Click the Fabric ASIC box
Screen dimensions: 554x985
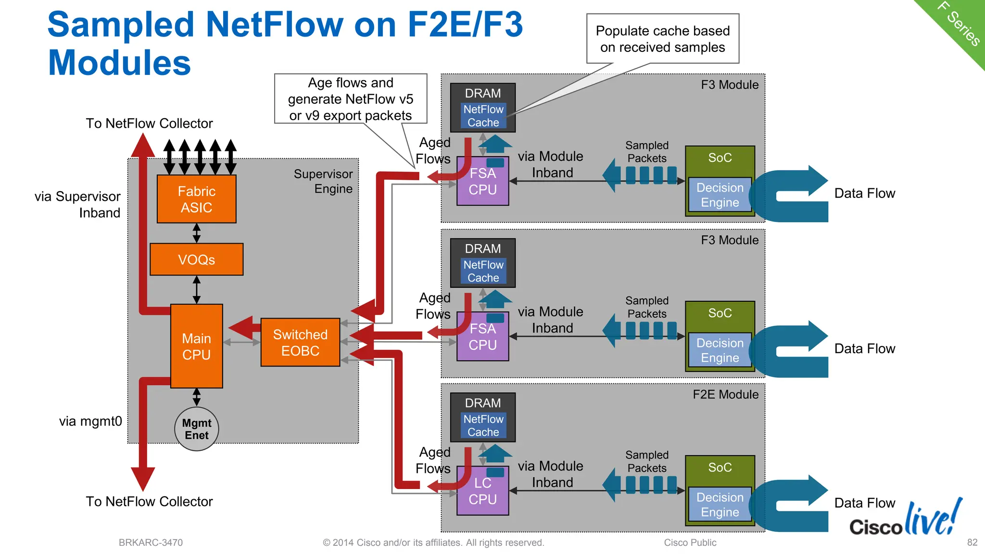tap(196, 199)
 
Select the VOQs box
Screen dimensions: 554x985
tap(196, 259)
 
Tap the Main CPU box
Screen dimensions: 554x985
tap(196, 346)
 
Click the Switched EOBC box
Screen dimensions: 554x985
tap(300, 342)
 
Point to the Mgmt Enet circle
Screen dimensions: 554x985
tap(196, 429)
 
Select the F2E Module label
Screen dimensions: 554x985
tap(725, 394)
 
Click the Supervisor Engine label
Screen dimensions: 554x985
tap(323, 181)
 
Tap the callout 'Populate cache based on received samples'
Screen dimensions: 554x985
tap(662, 39)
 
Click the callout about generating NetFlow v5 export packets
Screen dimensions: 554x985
tap(350, 99)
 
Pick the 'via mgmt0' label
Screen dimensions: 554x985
tap(90, 421)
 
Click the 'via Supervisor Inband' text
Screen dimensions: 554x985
tap(78, 204)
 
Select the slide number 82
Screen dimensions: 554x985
tap(972, 542)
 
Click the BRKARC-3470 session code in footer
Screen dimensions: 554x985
tap(151, 542)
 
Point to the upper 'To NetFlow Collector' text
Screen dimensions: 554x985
tap(149, 123)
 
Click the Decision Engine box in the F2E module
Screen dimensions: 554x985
tap(720, 505)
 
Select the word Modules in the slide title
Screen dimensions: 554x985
tap(119, 63)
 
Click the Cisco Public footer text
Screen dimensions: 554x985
tap(690, 542)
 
